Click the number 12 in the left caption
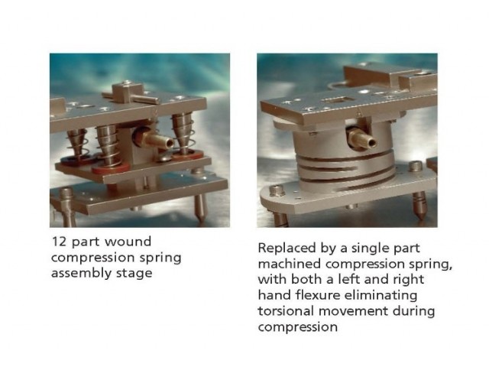pos(59,242)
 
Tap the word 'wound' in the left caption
pos(128,242)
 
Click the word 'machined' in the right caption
pos(289,264)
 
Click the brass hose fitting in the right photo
pos(362,138)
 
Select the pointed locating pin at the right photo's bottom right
pos(419,205)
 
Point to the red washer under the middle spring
pos(110,168)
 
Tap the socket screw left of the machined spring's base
pos(277,190)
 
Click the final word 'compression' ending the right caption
pos(298,327)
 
